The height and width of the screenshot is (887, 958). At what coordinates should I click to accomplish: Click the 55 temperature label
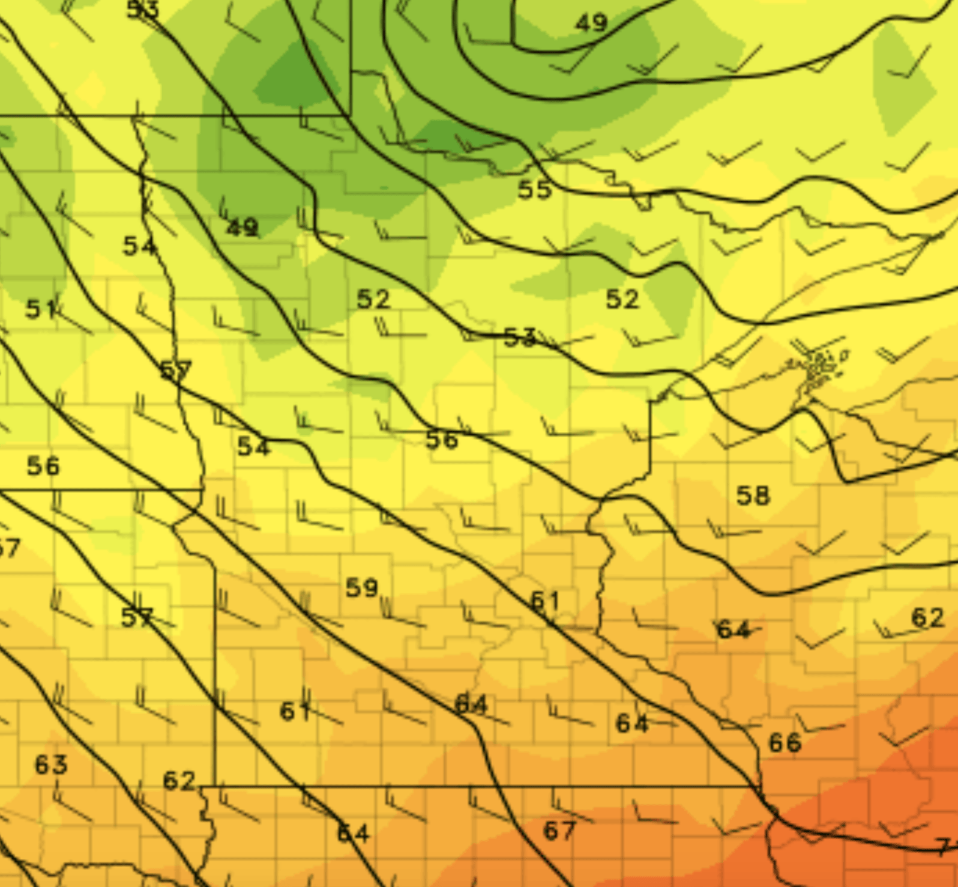(x=535, y=190)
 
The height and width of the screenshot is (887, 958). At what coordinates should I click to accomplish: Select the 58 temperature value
(x=753, y=496)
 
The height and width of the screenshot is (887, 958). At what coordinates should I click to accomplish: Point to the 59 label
(x=362, y=588)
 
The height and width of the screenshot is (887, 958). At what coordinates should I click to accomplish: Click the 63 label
(x=51, y=765)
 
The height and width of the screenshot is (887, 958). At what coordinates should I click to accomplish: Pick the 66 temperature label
(x=785, y=743)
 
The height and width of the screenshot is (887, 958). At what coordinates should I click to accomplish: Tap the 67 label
(x=559, y=831)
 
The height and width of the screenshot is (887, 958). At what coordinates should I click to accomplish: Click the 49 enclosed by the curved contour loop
(x=591, y=23)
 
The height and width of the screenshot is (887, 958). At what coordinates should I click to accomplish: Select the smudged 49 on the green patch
(x=243, y=228)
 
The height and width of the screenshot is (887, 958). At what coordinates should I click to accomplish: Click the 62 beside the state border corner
(x=179, y=781)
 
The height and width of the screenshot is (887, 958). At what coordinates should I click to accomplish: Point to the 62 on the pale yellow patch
(x=927, y=617)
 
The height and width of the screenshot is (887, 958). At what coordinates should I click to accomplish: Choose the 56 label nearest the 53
(x=442, y=440)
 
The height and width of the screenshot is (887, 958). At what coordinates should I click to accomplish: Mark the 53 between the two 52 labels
(x=520, y=338)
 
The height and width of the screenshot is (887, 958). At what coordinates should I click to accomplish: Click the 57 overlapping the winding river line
(x=176, y=370)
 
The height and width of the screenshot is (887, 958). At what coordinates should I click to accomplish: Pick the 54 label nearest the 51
(x=139, y=246)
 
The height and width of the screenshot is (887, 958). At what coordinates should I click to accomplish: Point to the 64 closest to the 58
(x=734, y=630)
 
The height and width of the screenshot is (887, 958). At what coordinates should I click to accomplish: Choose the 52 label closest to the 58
(x=622, y=299)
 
